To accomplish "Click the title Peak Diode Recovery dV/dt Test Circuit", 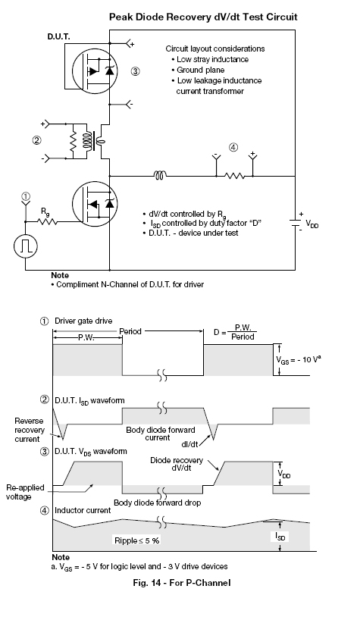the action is tap(203, 17).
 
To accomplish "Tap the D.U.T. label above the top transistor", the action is tap(59, 37).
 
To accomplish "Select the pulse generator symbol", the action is tap(26, 246).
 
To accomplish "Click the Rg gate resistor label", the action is tap(45, 212).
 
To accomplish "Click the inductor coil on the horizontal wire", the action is tap(160, 174).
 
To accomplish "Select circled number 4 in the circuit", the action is tap(233, 148).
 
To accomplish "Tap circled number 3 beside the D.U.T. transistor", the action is tap(135, 71).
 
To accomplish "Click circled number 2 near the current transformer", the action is tap(36, 140).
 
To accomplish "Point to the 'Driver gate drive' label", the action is tap(83, 321).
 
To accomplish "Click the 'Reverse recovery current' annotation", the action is tap(30, 430).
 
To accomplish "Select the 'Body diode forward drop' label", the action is tap(158, 503).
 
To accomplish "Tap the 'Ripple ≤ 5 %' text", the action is tap(137, 540).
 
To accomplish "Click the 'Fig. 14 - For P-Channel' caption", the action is tap(182, 583).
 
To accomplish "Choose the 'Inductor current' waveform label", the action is tap(83, 510).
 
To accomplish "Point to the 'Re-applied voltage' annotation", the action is tap(25, 492).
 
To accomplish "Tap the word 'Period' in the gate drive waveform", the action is tap(130, 331).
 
